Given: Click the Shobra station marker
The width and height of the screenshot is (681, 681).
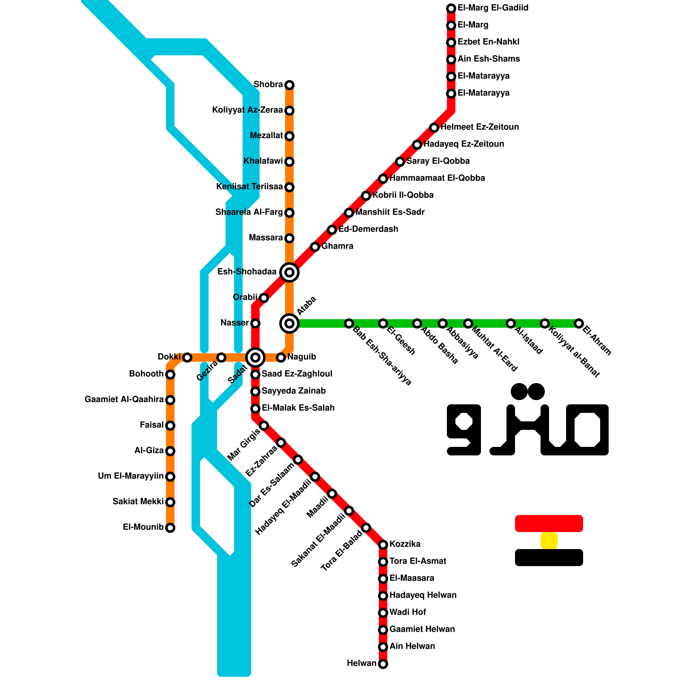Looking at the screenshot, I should pos(289,85).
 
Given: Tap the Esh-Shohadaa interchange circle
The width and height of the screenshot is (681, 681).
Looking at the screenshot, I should pos(289,272).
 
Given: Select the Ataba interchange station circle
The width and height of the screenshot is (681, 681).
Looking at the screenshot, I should pos(289,323).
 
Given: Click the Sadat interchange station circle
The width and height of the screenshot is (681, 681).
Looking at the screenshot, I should pos(255,358).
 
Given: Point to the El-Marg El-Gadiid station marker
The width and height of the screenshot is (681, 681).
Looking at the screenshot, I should pos(451,9).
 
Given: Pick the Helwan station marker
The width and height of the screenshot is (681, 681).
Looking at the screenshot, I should pos(383,664).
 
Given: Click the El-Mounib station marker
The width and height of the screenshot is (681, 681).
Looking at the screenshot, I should pos(170,528).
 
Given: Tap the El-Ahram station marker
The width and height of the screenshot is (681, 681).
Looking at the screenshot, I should pos(578,323).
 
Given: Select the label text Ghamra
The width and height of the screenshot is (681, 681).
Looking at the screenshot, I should pos(337,246).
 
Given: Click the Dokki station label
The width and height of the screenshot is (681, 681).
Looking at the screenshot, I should pos(169,357).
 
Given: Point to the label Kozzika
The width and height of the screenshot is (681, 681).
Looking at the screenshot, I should pos(405,544).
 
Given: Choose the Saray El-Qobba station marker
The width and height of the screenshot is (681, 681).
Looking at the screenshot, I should pos(400,162).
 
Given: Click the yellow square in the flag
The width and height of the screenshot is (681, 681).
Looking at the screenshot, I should pos(549,541).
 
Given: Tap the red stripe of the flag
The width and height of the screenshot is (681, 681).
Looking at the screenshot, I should pos(549,524).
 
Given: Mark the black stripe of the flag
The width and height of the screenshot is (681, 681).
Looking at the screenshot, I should pos(549,558).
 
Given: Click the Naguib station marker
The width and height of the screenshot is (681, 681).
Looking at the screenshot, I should pos(281,358).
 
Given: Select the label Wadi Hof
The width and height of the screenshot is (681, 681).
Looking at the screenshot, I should pos(407,612).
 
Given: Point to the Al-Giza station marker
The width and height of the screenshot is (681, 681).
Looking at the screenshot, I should pos(170,451).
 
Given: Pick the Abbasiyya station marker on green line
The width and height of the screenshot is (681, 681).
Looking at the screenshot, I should pos(443,323).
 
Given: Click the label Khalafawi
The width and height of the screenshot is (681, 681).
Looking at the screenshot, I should pos(263,161).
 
